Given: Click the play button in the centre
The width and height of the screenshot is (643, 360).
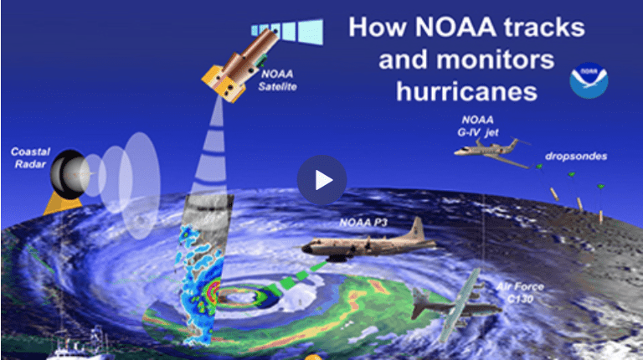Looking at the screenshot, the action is pyautogui.click(x=321, y=180).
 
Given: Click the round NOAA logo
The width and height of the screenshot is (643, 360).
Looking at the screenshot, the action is pyautogui.click(x=589, y=80).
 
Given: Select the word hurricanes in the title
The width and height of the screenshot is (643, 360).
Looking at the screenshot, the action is pyautogui.click(x=466, y=91).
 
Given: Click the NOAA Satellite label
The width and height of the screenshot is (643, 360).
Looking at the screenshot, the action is pyautogui.click(x=277, y=80).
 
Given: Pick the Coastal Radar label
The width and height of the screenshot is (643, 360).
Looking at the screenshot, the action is pyautogui.click(x=30, y=158).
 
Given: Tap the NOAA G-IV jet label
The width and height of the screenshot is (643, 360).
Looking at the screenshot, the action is pyautogui.click(x=478, y=126).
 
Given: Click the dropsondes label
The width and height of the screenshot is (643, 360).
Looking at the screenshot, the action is pyautogui.click(x=576, y=157).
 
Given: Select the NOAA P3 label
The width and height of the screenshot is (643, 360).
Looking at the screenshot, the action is pyautogui.click(x=363, y=223).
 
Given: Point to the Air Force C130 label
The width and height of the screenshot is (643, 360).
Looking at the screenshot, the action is pyautogui.click(x=520, y=293).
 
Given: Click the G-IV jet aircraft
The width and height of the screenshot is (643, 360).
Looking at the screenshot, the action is pyautogui.click(x=492, y=152).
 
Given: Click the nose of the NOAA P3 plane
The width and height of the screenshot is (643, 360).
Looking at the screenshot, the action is pyautogui.click(x=305, y=248).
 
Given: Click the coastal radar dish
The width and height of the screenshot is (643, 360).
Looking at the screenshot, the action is pyautogui.click(x=69, y=174).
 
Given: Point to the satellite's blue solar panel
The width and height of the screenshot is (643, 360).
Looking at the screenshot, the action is pyautogui.click(x=288, y=31).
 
